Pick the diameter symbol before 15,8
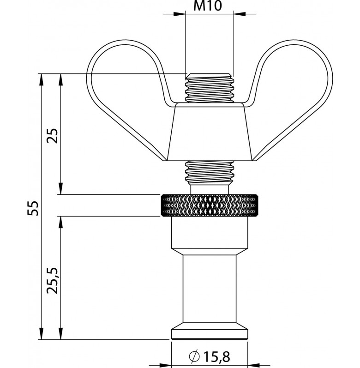coord(194,356)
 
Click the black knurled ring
coord(209,205)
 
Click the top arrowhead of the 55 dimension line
coord(42,78)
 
